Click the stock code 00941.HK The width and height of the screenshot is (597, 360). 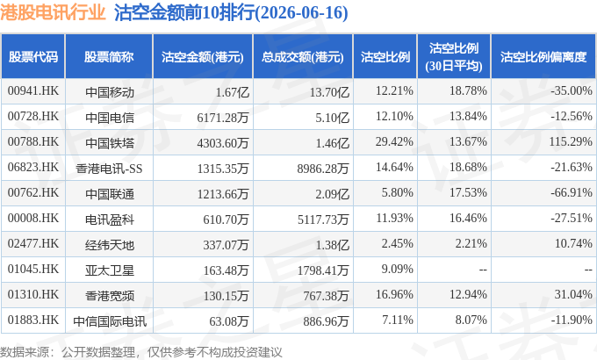(33, 91)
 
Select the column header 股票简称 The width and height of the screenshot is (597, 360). (109, 57)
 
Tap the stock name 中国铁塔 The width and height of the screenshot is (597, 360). (110, 143)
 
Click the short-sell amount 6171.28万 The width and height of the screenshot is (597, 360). (223, 118)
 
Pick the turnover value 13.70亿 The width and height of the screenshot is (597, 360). (329, 92)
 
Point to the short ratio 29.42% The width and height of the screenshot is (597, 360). (394, 141)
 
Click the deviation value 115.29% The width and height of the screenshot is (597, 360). (571, 141)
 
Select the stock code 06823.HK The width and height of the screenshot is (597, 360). (33, 167)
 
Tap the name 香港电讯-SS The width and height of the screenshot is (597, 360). (109, 169)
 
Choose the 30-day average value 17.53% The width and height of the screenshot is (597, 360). (468, 193)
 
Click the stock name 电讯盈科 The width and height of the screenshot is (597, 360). (110, 220)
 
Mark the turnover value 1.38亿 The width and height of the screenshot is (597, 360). (333, 245)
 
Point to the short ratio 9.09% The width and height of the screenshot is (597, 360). (397, 269)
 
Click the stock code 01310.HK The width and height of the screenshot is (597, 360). (33, 294)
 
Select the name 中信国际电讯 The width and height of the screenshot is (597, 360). (110, 321)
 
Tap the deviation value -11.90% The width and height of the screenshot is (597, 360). (572, 320)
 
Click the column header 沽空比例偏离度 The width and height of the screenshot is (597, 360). (543, 57)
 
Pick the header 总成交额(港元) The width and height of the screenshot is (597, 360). (303, 57)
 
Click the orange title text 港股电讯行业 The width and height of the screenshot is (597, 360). (53, 12)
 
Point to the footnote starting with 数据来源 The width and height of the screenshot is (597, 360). (141, 352)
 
